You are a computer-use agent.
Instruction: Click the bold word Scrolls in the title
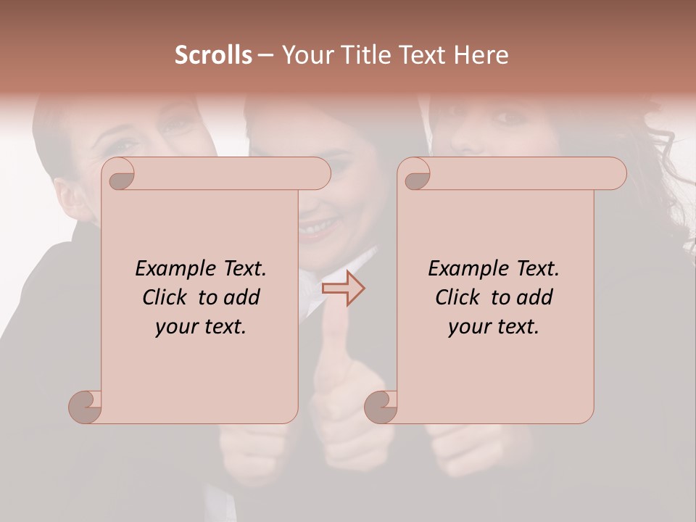[x=214, y=55]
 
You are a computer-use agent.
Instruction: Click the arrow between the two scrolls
[x=344, y=289]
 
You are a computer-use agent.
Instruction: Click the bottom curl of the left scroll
[x=86, y=407]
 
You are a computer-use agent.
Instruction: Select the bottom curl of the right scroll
[x=381, y=407]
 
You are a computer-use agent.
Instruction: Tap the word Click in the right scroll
[x=457, y=297]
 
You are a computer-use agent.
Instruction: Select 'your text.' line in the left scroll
[x=200, y=326]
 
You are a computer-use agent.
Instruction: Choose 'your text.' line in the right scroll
[x=493, y=326]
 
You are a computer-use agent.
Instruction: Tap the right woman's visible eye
[x=513, y=117]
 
